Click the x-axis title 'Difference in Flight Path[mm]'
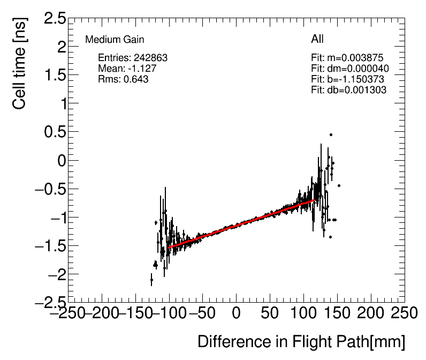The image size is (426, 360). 301,342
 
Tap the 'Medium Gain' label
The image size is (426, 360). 115,40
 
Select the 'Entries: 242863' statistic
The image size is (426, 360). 133,58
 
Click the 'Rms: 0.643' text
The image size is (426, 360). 123,79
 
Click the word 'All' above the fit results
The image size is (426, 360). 317,39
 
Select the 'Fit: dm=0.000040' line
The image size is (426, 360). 349,69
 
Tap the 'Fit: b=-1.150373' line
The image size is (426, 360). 347,79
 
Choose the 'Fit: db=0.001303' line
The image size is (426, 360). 348,90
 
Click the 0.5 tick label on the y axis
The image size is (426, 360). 55,132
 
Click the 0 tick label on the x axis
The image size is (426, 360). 236,313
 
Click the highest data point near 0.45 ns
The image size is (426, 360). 331,134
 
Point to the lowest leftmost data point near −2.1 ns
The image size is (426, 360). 151,280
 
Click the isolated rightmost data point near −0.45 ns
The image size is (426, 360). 339,185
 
